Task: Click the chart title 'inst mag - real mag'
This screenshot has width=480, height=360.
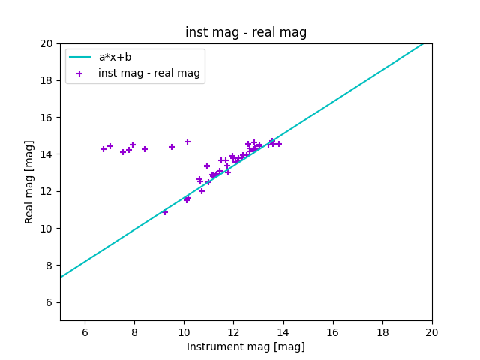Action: pyautogui.click(x=246, y=33)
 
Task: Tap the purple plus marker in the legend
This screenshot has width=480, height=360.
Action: pyautogui.click(x=80, y=73)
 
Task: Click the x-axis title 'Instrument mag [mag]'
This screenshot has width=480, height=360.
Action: pyautogui.click(x=246, y=346)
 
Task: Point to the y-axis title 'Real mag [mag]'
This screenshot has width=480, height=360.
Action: pyautogui.click(x=30, y=181)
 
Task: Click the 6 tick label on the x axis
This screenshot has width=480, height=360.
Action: pyautogui.click(x=85, y=332)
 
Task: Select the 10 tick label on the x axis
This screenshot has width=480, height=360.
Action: pyautogui.click(x=184, y=332)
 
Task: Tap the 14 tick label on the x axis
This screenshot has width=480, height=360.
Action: pyautogui.click(x=283, y=332)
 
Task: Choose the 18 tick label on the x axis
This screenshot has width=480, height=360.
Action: pyautogui.click(x=382, y=332)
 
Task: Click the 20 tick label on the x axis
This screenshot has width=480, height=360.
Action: pyautogui.click(x=432, y=332)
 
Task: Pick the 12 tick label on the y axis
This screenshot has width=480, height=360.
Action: pyautogui.click(x=47, y=191)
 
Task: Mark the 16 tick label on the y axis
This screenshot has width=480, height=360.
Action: pyautogui.click(x=47, y=118)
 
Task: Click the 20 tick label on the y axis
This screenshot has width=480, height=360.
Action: pyautogui.click(x=47, y=43)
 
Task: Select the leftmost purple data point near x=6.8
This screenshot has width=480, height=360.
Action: pyautogui.click(x=103, y=149)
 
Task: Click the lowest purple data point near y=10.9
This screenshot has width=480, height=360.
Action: pyautogui.click(x=165, y=212)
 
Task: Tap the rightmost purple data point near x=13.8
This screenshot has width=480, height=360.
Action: pyautogui.click(x=279, y=144)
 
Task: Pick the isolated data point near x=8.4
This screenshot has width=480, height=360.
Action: pyautogui.click(x=145, y=149)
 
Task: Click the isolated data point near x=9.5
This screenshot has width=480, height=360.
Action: pyautogui.click(x=172, y=147)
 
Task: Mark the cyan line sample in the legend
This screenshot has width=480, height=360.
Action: pyautogui.click(x=80, y=57)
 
